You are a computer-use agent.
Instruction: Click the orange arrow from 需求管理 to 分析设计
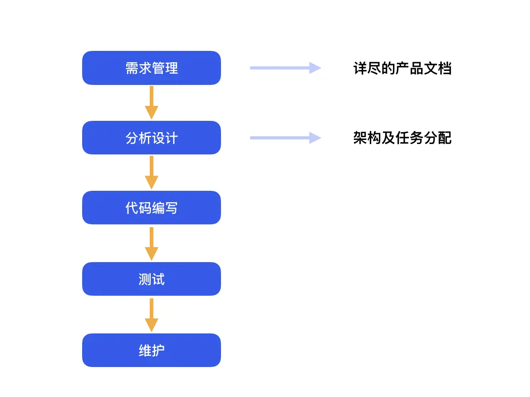click(x=152, y=103)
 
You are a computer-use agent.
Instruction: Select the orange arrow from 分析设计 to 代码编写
click(x=152, y=173)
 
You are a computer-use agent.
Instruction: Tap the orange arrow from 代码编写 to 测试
click(x=152, y=243)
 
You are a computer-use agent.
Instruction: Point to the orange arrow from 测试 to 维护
click(x=152, y=315)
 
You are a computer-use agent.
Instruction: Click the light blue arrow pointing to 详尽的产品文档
click(x=285, y=68)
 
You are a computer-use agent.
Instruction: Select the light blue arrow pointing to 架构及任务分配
click(x=285, y=138)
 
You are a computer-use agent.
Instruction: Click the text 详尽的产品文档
click(x=402, y=69)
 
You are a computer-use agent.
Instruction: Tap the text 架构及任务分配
click(x=402, y=138)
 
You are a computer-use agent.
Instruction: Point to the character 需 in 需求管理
click(x=132, y=69)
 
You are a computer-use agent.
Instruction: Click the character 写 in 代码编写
click(x=172, y=208)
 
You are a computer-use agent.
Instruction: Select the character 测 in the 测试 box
click(x=145, y=279)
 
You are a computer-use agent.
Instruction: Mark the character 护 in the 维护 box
click(x=158, y=351)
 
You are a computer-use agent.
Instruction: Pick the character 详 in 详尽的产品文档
click(x=360, y=69)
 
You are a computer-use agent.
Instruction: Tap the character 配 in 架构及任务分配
click(x=445, y=138)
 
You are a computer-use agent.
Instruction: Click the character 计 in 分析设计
click(x=172, y=139)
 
